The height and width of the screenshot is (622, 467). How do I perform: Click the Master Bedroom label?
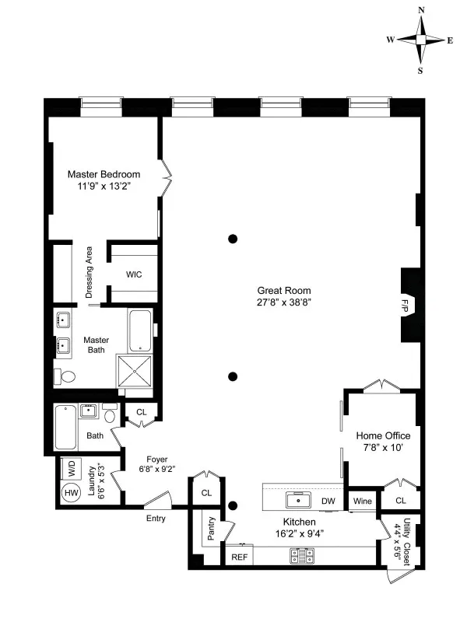tap(104, 173)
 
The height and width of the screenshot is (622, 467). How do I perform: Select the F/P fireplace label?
tap(405, 304)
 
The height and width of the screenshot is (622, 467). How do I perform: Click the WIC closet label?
tap(133, 274)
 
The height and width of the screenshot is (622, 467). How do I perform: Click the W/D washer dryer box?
tap(71, 469)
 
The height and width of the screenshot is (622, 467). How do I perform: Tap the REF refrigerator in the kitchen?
tap(237, 557)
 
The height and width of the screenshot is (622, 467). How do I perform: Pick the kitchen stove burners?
tap(301, 556)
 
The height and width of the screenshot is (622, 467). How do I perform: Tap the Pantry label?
tap(210, 528)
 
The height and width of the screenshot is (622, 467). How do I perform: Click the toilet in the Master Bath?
tap(67, 377)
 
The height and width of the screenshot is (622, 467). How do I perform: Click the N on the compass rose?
tap(421, 10)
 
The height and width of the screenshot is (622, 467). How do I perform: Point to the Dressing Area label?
tap(90, 272)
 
